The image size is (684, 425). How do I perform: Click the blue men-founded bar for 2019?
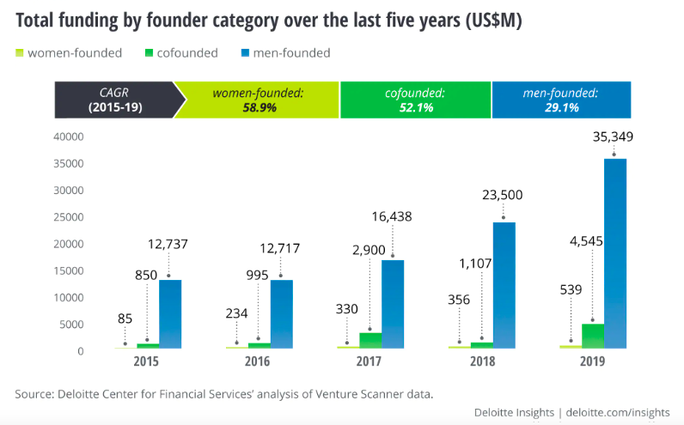coord(614,253)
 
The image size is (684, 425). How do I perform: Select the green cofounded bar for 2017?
coord(370,340)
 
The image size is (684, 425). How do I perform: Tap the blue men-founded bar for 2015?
coord(169,314)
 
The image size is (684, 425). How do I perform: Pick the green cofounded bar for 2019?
coord(593,336)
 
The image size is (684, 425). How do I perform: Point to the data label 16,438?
coord(394,216)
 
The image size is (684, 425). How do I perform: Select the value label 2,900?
coord(370,249)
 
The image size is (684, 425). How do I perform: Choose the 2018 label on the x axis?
coord(482,362)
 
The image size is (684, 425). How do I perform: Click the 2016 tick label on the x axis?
coord(259,362)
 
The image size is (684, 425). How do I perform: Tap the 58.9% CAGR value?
coord(258,108)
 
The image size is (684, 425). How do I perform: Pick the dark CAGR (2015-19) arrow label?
coord(115,100)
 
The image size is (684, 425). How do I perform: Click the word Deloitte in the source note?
coord(78,394)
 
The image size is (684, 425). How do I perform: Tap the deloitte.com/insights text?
coord(619,413)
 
